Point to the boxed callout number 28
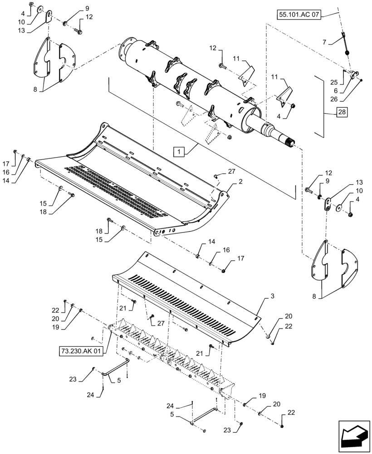click(341, 112)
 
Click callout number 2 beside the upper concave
click(240, 181)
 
